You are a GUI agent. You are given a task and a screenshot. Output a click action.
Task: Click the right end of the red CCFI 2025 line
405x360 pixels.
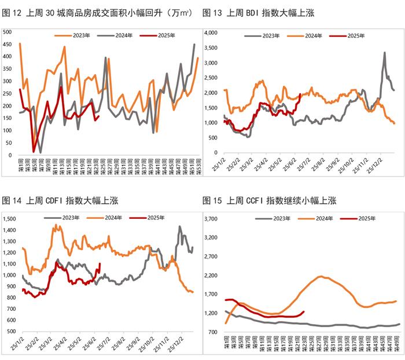click(304, 312)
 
